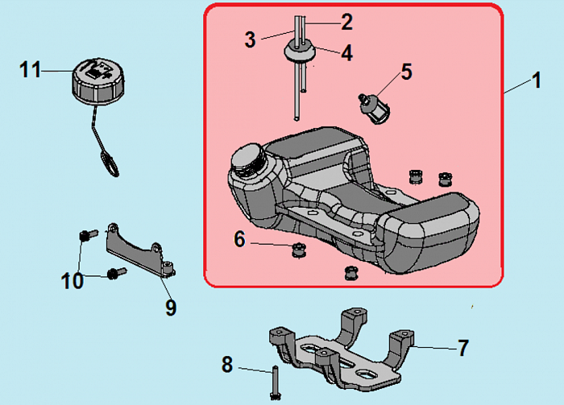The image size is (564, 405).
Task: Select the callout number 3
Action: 251,38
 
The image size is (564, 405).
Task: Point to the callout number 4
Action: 346,54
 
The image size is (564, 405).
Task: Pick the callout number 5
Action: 406,72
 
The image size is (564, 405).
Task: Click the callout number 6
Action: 239,239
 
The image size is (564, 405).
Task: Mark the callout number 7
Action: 462,348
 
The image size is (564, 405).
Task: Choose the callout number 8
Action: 227,366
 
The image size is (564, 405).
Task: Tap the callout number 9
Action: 171,307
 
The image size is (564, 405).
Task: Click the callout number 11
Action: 31,70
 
